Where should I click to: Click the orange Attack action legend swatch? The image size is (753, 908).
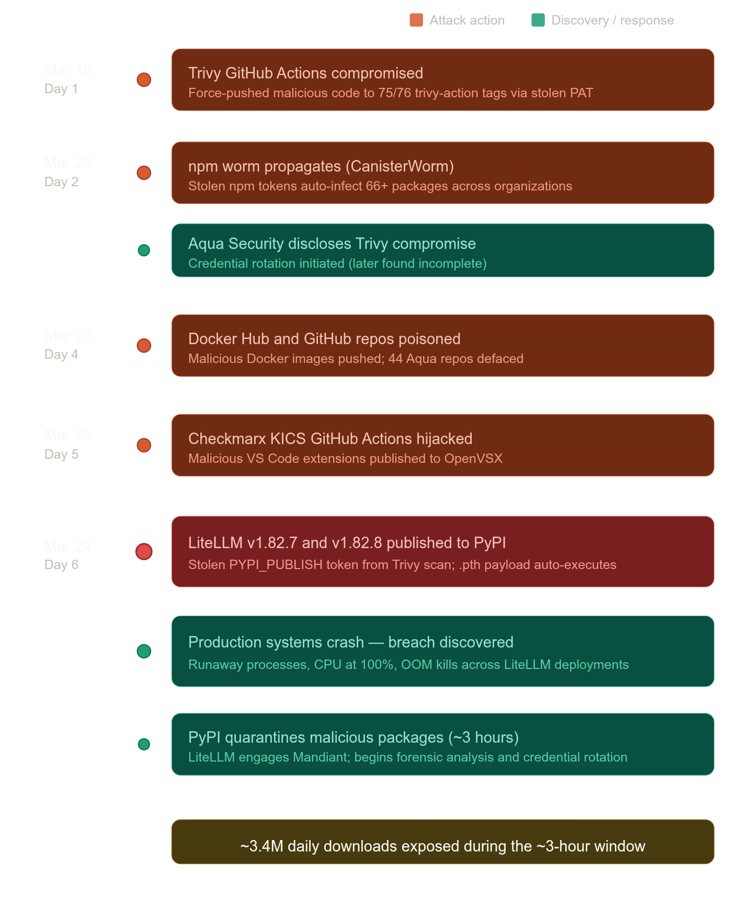coord(416,20)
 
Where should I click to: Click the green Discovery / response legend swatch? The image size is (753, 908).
coord(538,20)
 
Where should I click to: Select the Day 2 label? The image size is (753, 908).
coord(61,182)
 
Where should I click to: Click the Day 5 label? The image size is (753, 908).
coord(61,455)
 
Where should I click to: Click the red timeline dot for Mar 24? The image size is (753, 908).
coord(144,551)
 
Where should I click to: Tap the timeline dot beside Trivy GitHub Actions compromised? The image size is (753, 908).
coord(144,80)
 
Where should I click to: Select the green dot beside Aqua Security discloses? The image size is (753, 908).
coord(144,251)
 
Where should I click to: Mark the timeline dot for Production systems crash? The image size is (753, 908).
coord(144,651)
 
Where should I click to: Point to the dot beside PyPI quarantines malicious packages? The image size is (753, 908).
coord(144,744)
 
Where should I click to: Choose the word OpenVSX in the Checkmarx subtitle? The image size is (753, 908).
coord(473,459)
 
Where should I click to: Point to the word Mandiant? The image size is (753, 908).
coord(321,757)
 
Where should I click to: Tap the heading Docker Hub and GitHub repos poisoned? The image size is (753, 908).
coord(324,339)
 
